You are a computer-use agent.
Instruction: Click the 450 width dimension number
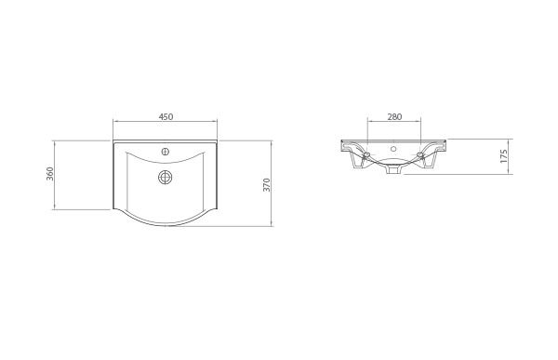[166, 116]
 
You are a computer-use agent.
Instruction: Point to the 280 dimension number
[393, 116]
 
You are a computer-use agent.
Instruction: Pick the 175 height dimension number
[503, 155]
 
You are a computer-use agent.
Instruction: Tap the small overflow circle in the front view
[393, 149]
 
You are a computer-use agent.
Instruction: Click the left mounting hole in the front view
[367, 154]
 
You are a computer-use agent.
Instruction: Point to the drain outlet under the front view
[393, 170]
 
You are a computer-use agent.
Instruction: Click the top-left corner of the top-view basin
[113, 141]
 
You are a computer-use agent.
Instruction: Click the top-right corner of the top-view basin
[219, 141]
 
